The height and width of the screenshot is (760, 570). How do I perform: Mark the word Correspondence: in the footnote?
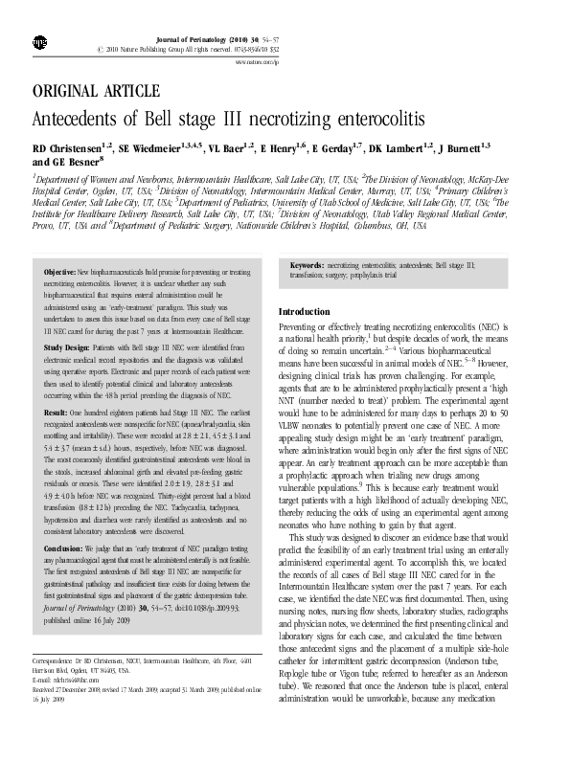tap(57, 660)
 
